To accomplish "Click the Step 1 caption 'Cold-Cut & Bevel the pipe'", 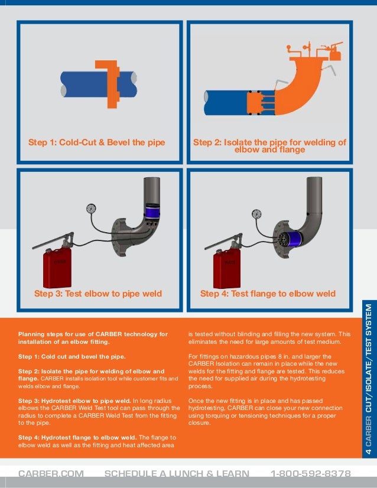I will coord(97,142).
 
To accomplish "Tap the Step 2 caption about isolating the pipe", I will coord(269,146).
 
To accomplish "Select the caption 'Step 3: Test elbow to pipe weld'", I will coord(98,294).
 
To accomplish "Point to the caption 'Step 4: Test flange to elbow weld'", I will coord(268,294).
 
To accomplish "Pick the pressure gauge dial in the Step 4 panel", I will coord(256,213).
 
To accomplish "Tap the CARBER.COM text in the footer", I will coord(51,474).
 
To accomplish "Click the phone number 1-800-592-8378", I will coord(310,474).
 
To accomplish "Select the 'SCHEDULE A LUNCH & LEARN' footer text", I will coord(177,474).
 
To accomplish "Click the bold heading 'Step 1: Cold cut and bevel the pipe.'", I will coord(71,357).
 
